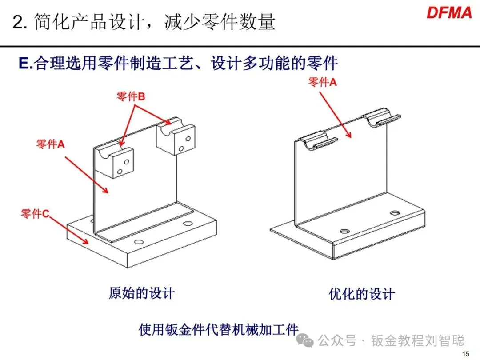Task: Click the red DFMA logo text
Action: (x=449, y=12)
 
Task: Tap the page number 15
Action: (x=466, y=354)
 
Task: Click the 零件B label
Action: (x=131, y=96)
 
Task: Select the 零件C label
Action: (x=35, y=214)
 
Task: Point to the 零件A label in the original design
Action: (x=50, y=144)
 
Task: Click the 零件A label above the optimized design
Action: (x=323, y=82)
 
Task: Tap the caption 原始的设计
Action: (x=142, y=293)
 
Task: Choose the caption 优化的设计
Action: (x=361, y=294)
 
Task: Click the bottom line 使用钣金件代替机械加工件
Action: (x=218, y=330)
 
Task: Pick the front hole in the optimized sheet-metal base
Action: (x=344, y=231)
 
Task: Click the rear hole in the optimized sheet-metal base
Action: (x=394, y=213)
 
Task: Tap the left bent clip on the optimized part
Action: (x=316, y=139)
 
